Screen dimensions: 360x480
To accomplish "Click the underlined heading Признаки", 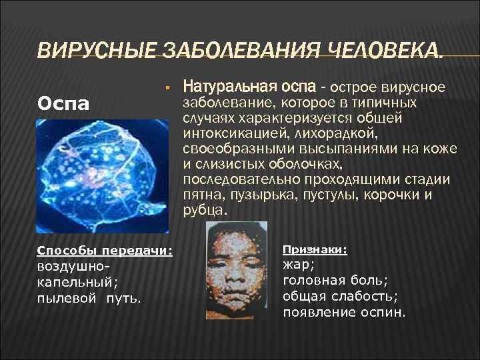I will coord(314,250).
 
